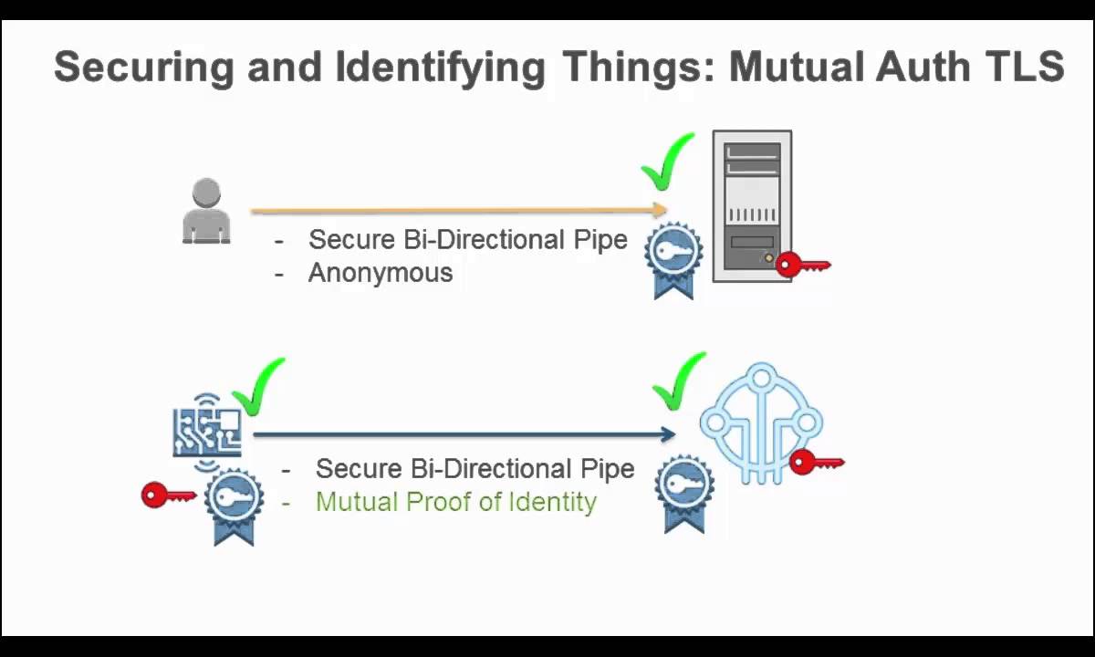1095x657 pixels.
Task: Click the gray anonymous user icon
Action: coord(206,211)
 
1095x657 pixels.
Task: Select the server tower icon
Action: coord(752,206)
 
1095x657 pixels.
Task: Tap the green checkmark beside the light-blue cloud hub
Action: coord(679,381)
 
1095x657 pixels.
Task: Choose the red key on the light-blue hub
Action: coord(817,463)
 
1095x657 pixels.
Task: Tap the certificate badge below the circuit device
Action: coord(234,505)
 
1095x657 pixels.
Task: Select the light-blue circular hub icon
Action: coord(761,422)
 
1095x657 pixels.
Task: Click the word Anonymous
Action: coord(381,273)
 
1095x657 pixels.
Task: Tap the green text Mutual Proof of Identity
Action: coord(456,502)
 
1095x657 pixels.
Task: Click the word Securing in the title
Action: coord(133,68)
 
